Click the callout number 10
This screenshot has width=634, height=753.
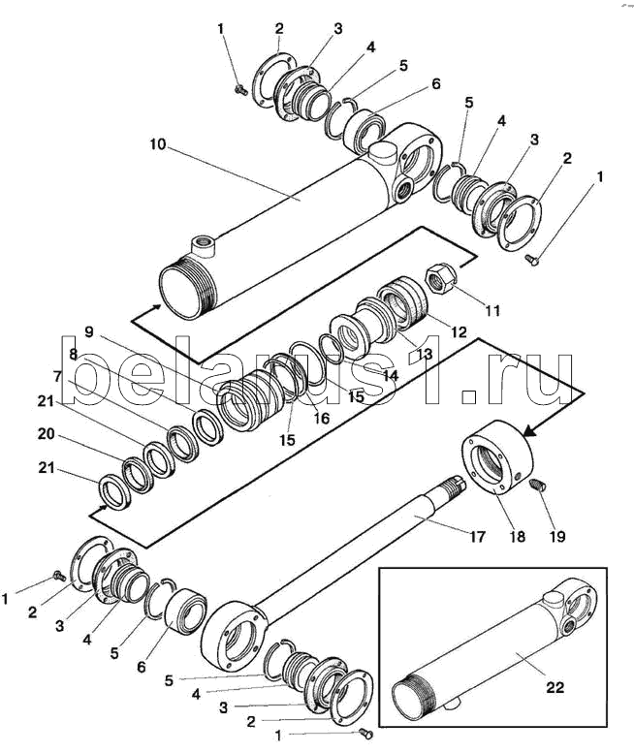click(x=158, y=144)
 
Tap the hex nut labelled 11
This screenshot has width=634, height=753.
click(x=440, y=279)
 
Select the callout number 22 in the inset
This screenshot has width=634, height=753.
click(x=555, y=687)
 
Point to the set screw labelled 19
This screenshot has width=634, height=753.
click(x=536, y=485)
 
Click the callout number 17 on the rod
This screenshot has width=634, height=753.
click(x=477, y=537)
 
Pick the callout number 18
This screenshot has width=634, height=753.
click(x=518, y=537)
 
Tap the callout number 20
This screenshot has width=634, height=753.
click(x=47, y=434)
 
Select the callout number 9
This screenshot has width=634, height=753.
click(x=88, y=331)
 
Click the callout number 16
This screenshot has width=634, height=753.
click(x=321, y=419)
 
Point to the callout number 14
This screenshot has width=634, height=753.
click(x=390, y=375)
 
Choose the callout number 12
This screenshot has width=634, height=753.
click(x=459, y=331)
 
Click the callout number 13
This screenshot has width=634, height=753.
click(x=424, y=354)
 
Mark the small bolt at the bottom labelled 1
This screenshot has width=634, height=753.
click(x=366, y=734)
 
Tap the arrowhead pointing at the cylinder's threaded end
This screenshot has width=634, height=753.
click(x=156, y=307)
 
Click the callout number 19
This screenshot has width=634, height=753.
click(x=557, y=537)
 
